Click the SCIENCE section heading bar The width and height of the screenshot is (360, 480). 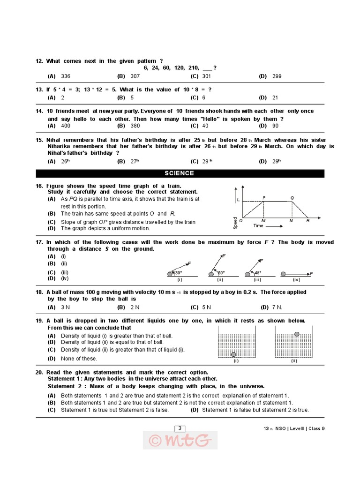pyautogui.click(x=180, y=173)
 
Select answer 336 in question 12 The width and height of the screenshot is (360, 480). pyautogui.click(x=66, y=76)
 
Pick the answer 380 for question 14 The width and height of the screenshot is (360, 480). pyautogui.click(x=135, y=126)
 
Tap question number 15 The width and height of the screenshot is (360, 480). pyautogui.click(x=39, y=140)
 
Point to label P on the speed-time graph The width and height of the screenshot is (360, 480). pyautogui.click(x=264, y=198)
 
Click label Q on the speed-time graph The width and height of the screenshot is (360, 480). pyautogui.click(x=292, y=198)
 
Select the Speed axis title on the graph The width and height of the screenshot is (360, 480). pyautogui.click(x=235, y=222)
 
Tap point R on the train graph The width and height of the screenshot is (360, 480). pyautogui.click(x=307, y=220)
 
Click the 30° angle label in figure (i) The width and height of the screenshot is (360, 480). pyautogui.click(x=178, y=272)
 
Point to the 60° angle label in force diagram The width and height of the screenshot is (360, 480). pyautogui.click(x=220, y=272)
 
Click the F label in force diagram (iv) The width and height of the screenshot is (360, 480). pyautogui.click(x=311, y=273)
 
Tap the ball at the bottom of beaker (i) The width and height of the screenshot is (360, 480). pyautogui.click(x=233, y=354)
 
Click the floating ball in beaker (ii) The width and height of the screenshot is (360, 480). pyautogui.click(x=296, y=334)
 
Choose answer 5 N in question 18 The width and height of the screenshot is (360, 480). pyautogui.click(x=207, y=307)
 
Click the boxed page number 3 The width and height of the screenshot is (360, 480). pyautogui.click(x=180, y=427)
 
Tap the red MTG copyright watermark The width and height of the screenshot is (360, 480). pyautogui.click(x=180, y=440)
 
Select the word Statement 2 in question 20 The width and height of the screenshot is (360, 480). pyautogui.click(x=64, y=386)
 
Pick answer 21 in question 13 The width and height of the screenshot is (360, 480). pyautogui.click(x=275, y=97)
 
